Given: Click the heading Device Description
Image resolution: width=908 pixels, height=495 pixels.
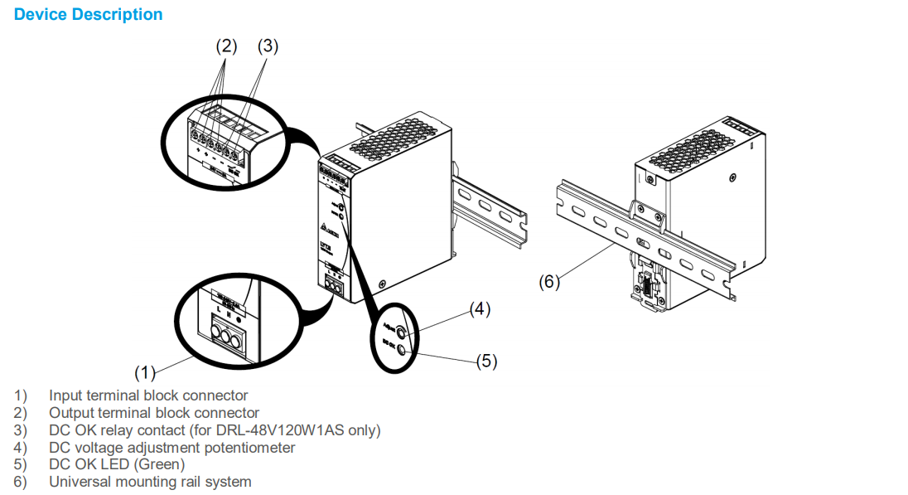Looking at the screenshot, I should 89,14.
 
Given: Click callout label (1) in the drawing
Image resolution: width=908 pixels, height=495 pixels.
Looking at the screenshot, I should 145,370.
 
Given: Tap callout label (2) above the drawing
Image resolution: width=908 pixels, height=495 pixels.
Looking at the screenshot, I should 226,46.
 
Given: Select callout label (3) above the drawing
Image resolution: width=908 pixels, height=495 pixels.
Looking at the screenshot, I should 268,46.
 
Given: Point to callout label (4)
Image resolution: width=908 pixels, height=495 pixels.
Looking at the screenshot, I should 480,309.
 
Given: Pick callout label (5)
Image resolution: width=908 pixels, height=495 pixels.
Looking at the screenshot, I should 486,362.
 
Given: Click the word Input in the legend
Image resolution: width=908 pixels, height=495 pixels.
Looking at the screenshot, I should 65,396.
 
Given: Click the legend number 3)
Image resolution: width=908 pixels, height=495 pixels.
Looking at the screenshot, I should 20,429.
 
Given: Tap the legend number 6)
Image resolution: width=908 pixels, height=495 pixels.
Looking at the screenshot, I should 20,482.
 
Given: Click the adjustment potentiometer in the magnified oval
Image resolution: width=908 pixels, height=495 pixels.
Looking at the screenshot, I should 403,333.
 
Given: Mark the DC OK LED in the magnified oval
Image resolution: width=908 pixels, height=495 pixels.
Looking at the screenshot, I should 403,350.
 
